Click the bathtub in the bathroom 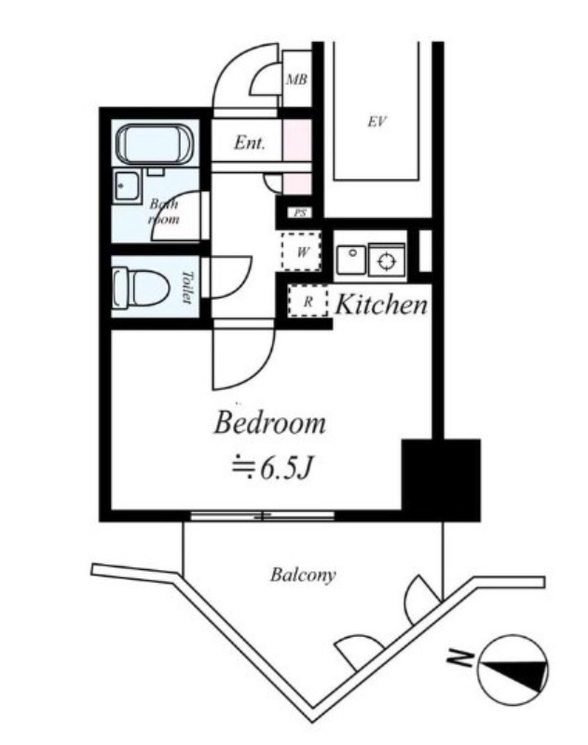click(x=155, y=144)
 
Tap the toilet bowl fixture click(x=142, y=287)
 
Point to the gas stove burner click(x=387, y=261)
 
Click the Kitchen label click(x=381, y=305)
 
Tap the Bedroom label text click(x=270, y=423)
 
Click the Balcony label click(x=303, y=575)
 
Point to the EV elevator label click(x=376, y=122)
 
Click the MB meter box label click(x=296, y=79)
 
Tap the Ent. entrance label click(x=249, y=142)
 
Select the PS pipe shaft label click(x=299, y=213)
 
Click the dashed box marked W click(x=301, y=251)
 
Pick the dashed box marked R click(x=308, y=301)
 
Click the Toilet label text click(x=187, y=287)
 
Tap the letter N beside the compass click(x=460, y=658)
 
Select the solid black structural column click(x=441, y=480)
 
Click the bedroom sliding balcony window click(x=263, y=516)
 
